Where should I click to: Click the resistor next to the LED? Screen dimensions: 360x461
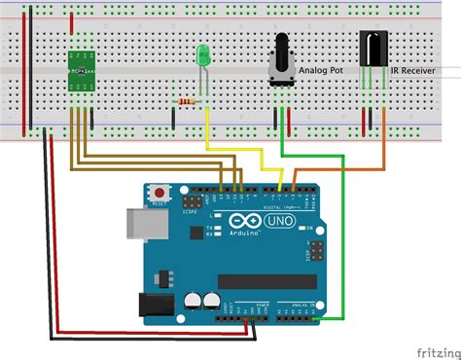pos(187,100)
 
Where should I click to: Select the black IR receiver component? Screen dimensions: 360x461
pos(374,50)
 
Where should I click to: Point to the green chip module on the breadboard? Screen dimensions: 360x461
pos(81,68)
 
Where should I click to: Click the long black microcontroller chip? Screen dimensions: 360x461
pos(268,282)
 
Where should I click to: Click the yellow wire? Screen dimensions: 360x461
pos(234,151)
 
